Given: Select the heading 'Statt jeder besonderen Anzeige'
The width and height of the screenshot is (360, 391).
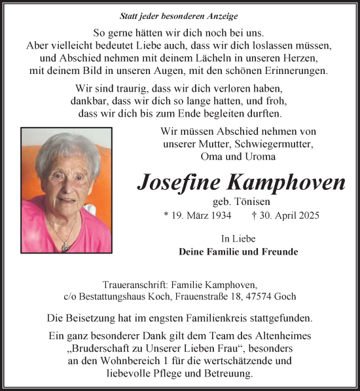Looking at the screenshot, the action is (x=179, y=16).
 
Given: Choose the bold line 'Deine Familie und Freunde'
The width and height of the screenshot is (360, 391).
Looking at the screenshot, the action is (x=238, y=251).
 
